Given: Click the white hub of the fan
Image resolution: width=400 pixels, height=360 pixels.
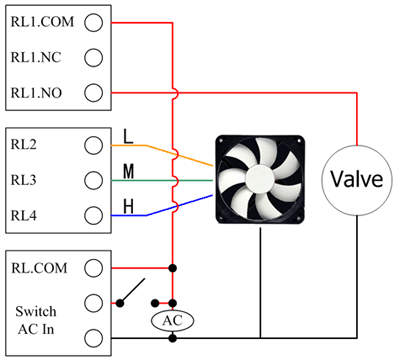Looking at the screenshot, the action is (260, 179).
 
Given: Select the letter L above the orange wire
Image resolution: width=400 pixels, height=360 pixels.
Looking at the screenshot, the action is (128, 136).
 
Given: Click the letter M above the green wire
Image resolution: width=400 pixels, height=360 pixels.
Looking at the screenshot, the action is (128, 172).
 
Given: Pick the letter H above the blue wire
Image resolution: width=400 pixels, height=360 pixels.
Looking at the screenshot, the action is (128, 207).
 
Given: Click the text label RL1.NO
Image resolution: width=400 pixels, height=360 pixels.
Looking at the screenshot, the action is (36, 93).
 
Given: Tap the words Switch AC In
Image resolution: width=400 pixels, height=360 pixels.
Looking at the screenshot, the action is (36, 320).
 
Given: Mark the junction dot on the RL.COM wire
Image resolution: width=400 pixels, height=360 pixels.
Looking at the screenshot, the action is (172, 268).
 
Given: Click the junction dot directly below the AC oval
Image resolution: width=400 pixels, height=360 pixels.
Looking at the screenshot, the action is (172, 338).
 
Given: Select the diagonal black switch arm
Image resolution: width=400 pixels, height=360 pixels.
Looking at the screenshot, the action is (132, 291).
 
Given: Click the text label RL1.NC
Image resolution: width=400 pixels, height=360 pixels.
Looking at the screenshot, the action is (36, 57).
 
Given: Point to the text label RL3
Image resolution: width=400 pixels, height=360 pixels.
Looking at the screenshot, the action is (23, 180).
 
